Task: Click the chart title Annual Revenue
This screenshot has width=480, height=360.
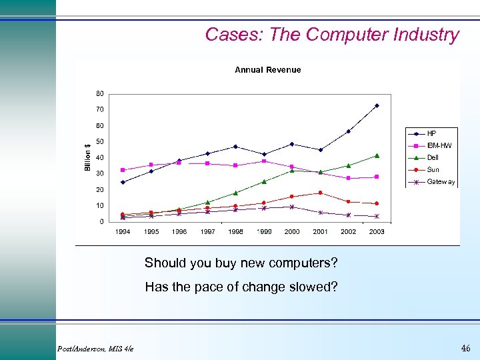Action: [267, 69]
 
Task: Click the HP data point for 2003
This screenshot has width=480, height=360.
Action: [377, 105]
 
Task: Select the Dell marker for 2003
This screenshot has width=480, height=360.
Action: [377, 155]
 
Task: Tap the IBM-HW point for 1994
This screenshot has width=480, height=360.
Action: [123, 170]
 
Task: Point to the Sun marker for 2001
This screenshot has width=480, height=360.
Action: [320, 193]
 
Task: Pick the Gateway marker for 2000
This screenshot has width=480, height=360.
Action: [292, 207]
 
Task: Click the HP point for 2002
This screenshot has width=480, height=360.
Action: [348, 131]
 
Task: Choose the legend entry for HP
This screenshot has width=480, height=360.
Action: [431, 133]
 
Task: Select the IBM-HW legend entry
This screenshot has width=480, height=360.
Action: [439, 145]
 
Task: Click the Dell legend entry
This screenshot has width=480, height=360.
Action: [433, 157]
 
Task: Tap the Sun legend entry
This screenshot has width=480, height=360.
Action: [433, 169]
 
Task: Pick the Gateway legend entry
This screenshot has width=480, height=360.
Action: [441, 181]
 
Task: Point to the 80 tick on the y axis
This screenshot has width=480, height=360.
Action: [99, 93]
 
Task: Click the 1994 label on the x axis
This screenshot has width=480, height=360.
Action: [123, 232]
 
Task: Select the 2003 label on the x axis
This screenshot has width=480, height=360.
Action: [377, 232]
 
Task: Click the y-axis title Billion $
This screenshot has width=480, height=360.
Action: [88, 157]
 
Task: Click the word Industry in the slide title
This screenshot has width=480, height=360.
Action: [424, 35]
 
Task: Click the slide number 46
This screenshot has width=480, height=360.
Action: [465, 348]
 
